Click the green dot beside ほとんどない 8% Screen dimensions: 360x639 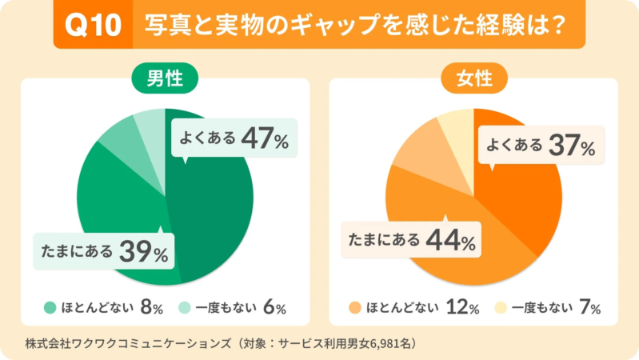click(x=50, y=307)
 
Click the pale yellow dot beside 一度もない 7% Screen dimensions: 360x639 click(x=500, y=307)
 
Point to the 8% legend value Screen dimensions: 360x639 click(x=152, y=307)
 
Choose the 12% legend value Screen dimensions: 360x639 click(x=463, y=307)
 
